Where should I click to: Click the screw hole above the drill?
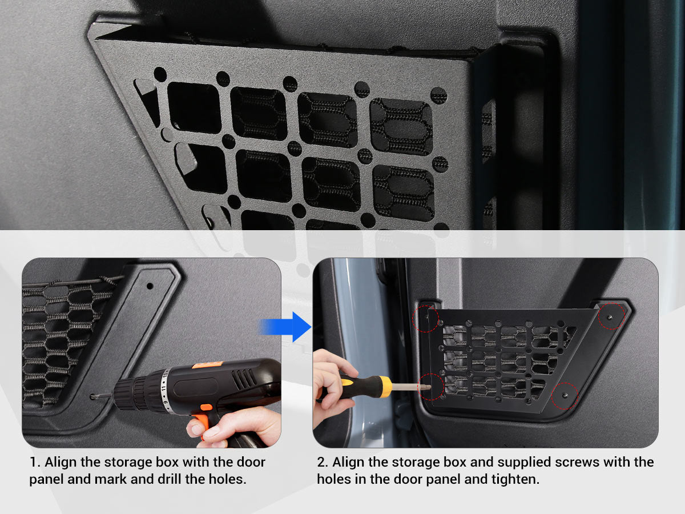point(150,286)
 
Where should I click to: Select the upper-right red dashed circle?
point(612,316)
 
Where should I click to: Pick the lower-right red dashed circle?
point(565,396)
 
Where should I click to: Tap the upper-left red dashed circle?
point(425,319)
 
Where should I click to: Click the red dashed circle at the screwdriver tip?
point(430,387)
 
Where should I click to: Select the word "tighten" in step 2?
point(514,479)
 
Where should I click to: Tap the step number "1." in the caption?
point(35,462)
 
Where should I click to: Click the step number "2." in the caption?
point(323,462)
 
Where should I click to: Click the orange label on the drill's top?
point(208,365)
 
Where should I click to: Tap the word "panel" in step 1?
point(46,480)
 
